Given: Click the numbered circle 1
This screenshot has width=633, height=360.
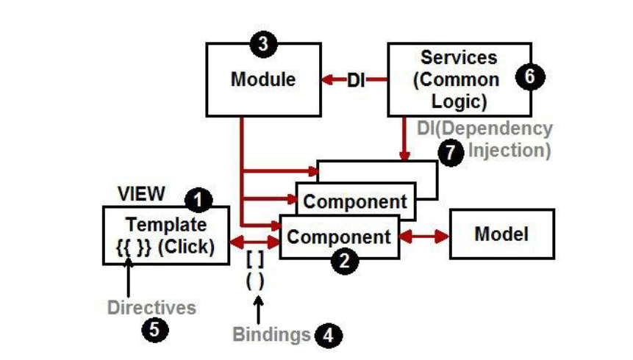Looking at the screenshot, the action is (199, 200).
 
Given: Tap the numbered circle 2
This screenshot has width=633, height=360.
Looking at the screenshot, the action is (344, 261).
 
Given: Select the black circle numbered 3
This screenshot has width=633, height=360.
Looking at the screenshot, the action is (263, 43).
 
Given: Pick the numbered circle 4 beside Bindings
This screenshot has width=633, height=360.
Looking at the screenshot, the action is (329, 335).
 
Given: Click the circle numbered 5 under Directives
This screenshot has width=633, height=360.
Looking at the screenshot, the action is (155, 330).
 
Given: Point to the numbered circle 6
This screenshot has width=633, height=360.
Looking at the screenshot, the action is (530, 76).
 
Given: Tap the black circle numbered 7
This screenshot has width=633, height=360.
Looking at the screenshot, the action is (451, 153).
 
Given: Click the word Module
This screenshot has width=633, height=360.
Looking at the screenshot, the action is (263, 79).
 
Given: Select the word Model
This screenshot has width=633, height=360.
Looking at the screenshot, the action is (501, 234).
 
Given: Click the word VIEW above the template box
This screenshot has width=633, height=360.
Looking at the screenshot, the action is (141, 194).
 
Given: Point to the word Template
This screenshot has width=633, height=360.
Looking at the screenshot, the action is (166, 225).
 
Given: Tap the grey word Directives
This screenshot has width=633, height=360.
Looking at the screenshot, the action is (151, 308).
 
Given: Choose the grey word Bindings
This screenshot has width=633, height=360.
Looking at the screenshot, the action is (272, 334).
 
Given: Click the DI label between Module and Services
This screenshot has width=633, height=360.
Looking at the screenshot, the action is (356, 80).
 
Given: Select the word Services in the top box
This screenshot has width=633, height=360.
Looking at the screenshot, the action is (459, 57).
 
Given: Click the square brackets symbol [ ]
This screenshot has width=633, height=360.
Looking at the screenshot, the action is (255, 259).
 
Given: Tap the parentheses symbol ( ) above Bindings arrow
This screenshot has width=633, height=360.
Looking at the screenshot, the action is (255, 281).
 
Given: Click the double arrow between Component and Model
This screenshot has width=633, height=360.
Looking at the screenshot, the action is (424, 237).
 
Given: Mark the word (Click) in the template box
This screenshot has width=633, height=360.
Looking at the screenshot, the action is (186, 247).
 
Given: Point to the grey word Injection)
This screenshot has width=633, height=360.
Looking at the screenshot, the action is (509, 151).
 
